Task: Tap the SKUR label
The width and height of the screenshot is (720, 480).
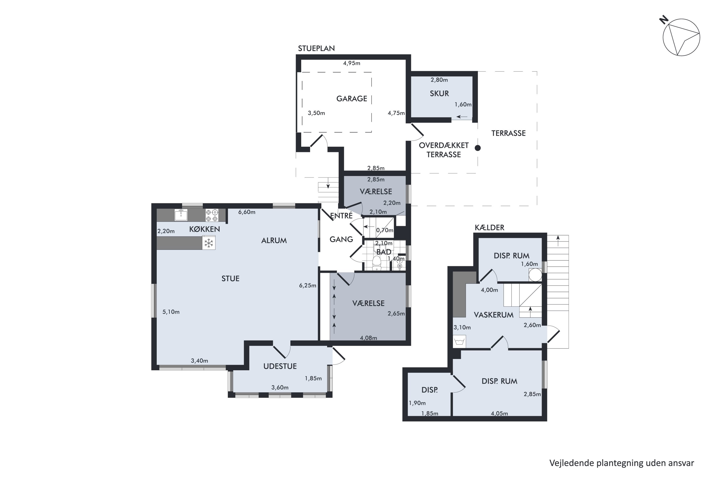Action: click(x=439, y=93)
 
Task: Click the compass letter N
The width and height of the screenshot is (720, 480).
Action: click(x=664, y=20)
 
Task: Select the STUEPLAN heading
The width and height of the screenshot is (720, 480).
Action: click(x=316, y=48)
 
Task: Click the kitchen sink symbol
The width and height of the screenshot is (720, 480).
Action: click(x=181, y=215)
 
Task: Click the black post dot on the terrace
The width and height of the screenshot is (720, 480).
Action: click(x=478, y=148)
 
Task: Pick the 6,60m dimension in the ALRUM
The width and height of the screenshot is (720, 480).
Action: click(x=247, y=212)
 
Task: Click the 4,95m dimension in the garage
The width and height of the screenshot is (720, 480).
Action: click(x=351, y=63)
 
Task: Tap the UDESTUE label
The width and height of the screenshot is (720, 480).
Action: click(x=280, y=366)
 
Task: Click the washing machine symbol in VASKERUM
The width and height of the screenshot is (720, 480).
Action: click(x=459, y=341)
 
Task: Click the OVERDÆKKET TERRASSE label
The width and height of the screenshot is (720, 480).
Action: click(x=444, y=150)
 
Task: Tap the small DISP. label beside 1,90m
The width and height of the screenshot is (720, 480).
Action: click(x=430, y=390)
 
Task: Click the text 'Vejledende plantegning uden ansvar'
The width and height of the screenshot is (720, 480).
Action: click(x=622, y=463)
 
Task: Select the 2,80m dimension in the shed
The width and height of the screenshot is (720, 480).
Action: click(x=439, y=80)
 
